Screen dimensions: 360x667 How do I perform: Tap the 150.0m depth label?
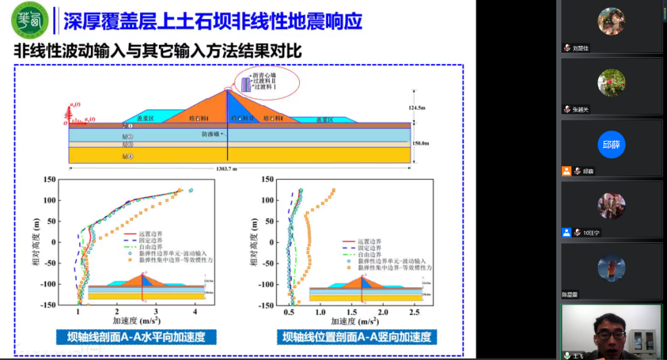click(x=419, y=143)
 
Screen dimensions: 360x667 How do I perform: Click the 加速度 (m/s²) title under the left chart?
click(x=138, y=322)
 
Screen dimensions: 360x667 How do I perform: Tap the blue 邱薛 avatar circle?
click(x=612, y=145)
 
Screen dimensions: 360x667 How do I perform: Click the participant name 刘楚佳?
click(x=584, y=48)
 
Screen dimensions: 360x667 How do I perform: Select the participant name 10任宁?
click(x=593, y=233)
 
